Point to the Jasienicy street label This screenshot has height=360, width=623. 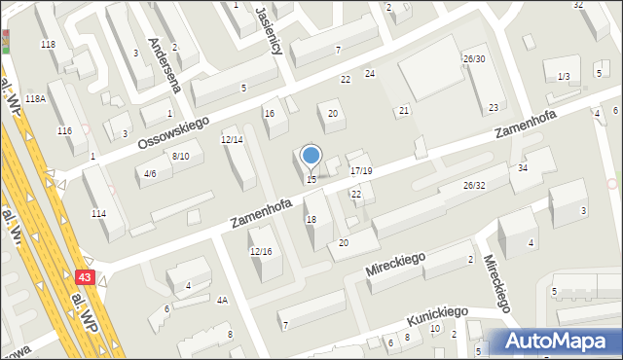tap(269, 27)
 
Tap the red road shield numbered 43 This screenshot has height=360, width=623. tap(85, 277)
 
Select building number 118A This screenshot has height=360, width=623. tap(36, 99)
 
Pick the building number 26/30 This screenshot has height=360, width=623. tap(474, 58)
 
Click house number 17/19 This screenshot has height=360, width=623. tap(361, 170)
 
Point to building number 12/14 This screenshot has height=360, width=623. tap(232, 139)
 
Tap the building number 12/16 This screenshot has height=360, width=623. tap(261, 251)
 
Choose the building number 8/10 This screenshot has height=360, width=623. tap(180, 156)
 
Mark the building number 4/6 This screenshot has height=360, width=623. tap(150, 174)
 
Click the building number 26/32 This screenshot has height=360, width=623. tap(474, 185)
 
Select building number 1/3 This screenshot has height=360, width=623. tap(563, 77)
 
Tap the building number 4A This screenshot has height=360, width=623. tap(222, 300)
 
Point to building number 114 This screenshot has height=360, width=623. tap(98, 213)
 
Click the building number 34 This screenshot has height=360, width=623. tap(523, 167)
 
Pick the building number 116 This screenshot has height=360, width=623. tap(65, 130)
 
